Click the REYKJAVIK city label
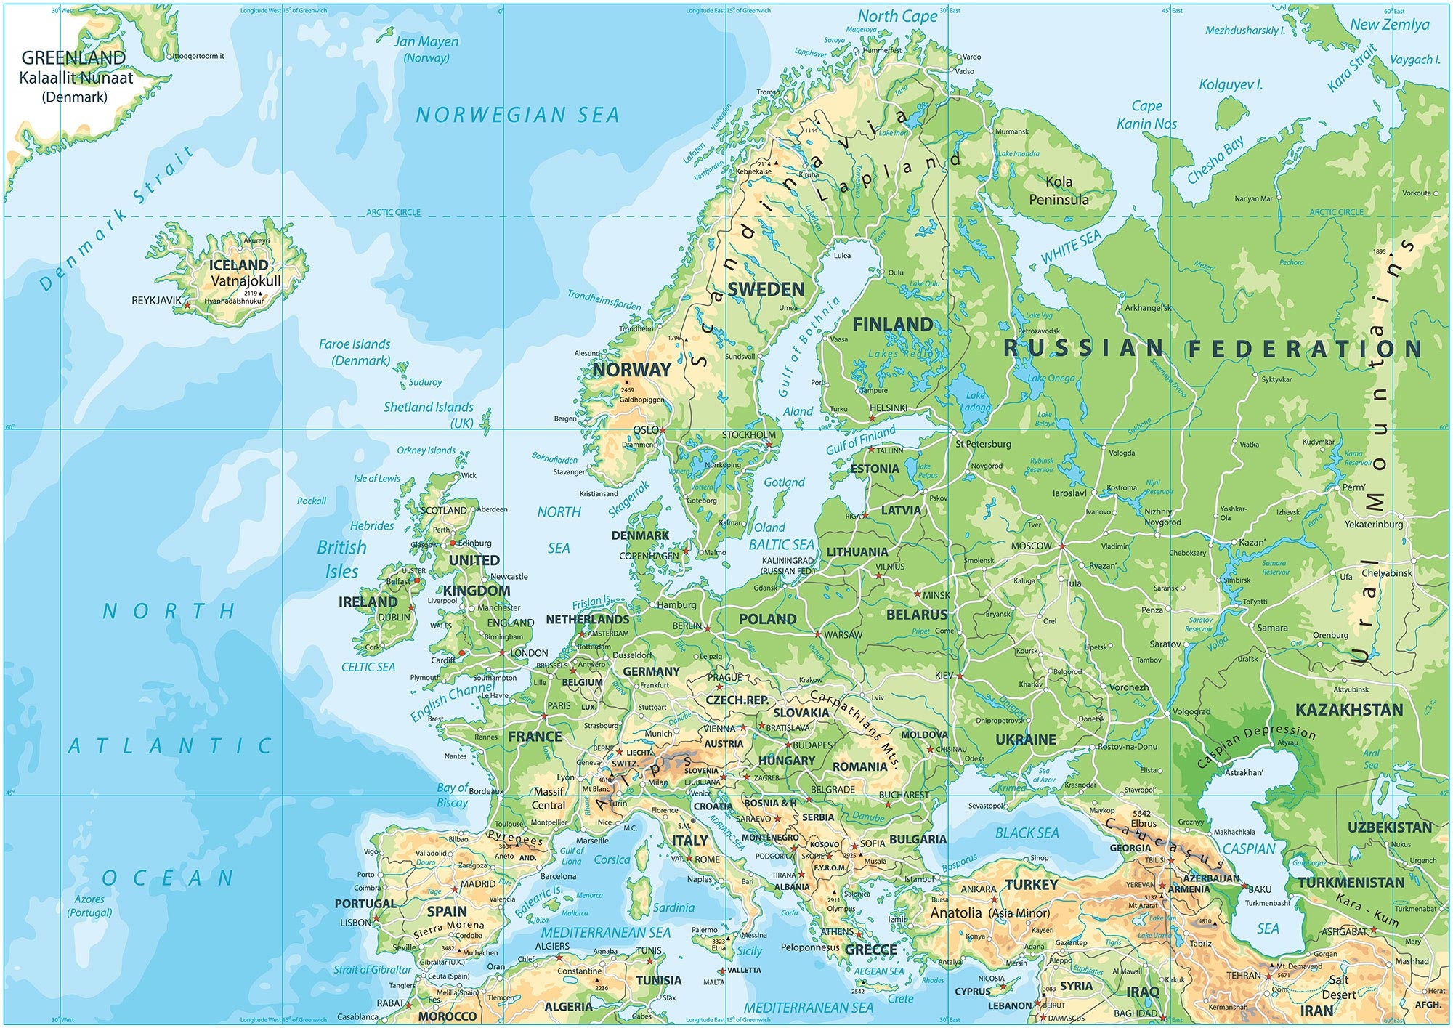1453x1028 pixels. click(156, 300)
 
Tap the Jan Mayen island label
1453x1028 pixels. click(426, 42)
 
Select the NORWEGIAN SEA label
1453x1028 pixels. click(517, 115)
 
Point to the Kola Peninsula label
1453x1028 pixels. click(1059, 190)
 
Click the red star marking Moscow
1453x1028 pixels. click(1061, 546)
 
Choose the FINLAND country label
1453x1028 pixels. click(892, 325)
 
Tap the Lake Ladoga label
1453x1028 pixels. click(975, 401)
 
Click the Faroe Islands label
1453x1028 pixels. click(355, 344)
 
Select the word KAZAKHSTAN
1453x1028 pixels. click(1349, 710)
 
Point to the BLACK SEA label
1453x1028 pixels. click(1027, 833)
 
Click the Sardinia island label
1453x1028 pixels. click(673, 907)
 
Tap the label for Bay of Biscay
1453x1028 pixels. click(452, 795)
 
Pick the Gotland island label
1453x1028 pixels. click(784, 482)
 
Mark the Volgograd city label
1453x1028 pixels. click(1191, 711)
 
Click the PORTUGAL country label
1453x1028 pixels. click(365, 904)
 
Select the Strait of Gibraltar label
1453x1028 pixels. click(372, 969)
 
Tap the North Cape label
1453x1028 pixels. click(897, 16)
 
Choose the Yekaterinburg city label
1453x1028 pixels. click(1373, 524)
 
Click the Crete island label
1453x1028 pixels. click(900, 999)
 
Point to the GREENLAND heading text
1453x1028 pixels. click(73, 57)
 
